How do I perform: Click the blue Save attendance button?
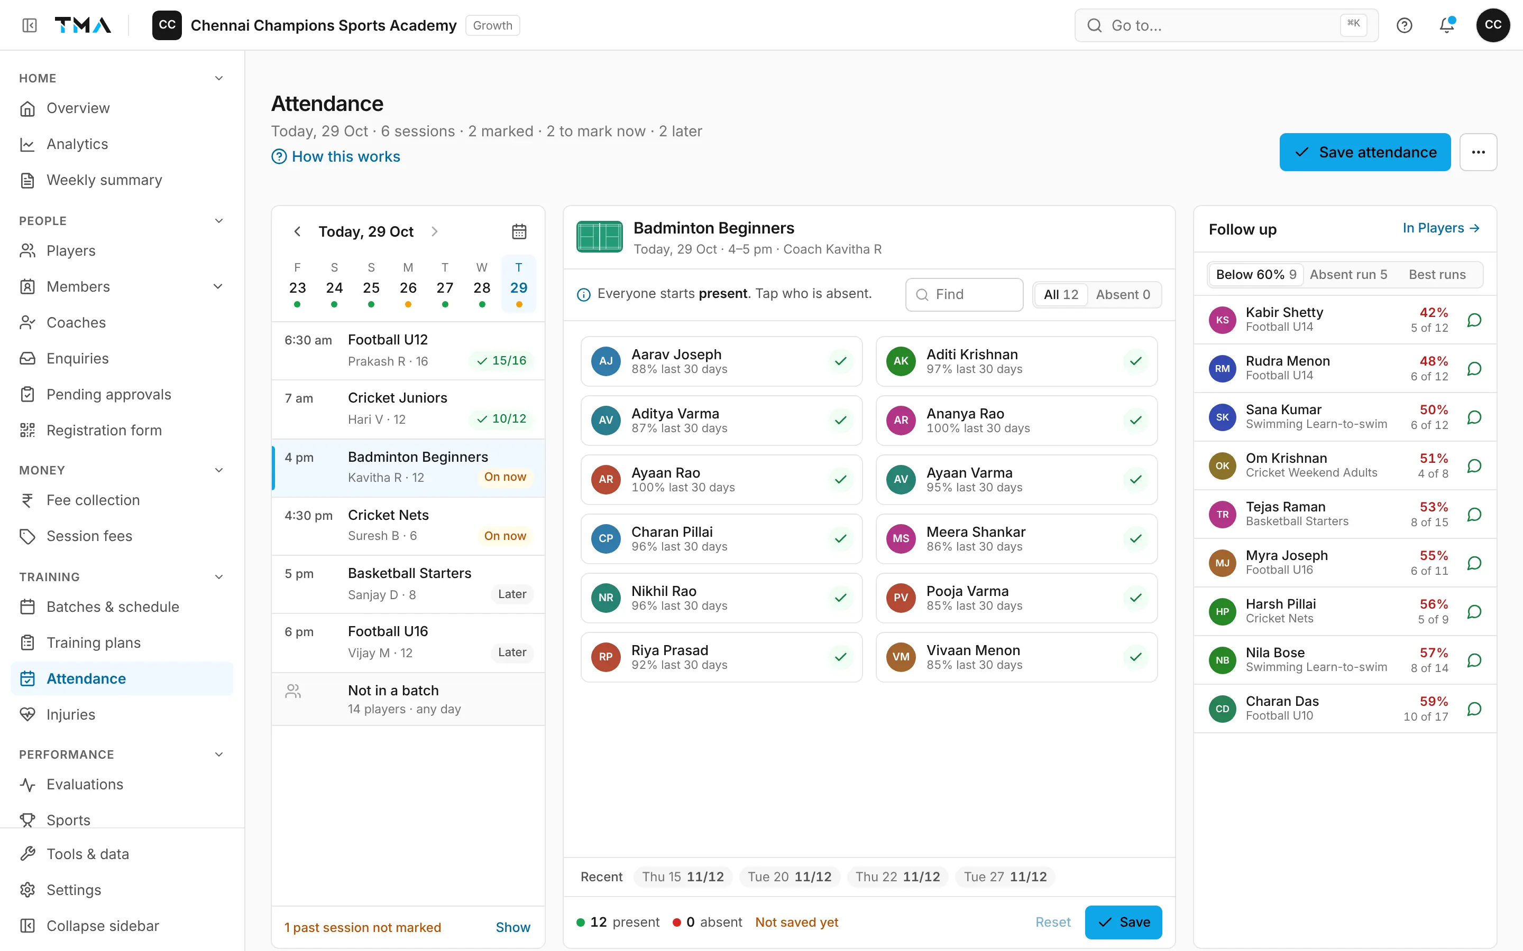[x=1364, y=152]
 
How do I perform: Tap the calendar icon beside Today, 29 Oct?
[x=519, y=231]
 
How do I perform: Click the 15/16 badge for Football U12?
[x=501, y=360]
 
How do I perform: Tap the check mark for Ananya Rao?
[x=1135, y=420]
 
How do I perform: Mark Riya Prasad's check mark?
[x=840, y=657]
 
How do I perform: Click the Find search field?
[x=964, y=294]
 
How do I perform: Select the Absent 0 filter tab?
[x=1123, y=294]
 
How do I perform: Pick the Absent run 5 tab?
[x=1348, y=274]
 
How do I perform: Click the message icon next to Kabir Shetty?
[x=1474, y=320]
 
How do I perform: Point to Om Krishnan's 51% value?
[x=1434, y=458]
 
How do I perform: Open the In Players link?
[x=1441, y=228]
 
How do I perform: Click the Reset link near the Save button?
[x=1053, y=922]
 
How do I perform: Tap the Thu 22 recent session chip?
[x=897, y=877]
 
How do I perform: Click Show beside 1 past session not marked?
[x=513, y=927]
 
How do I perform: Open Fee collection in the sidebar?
[x=93, y=500]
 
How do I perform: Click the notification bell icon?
[x=1447, y=25]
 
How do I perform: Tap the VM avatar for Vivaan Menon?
[x=901, y=657]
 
